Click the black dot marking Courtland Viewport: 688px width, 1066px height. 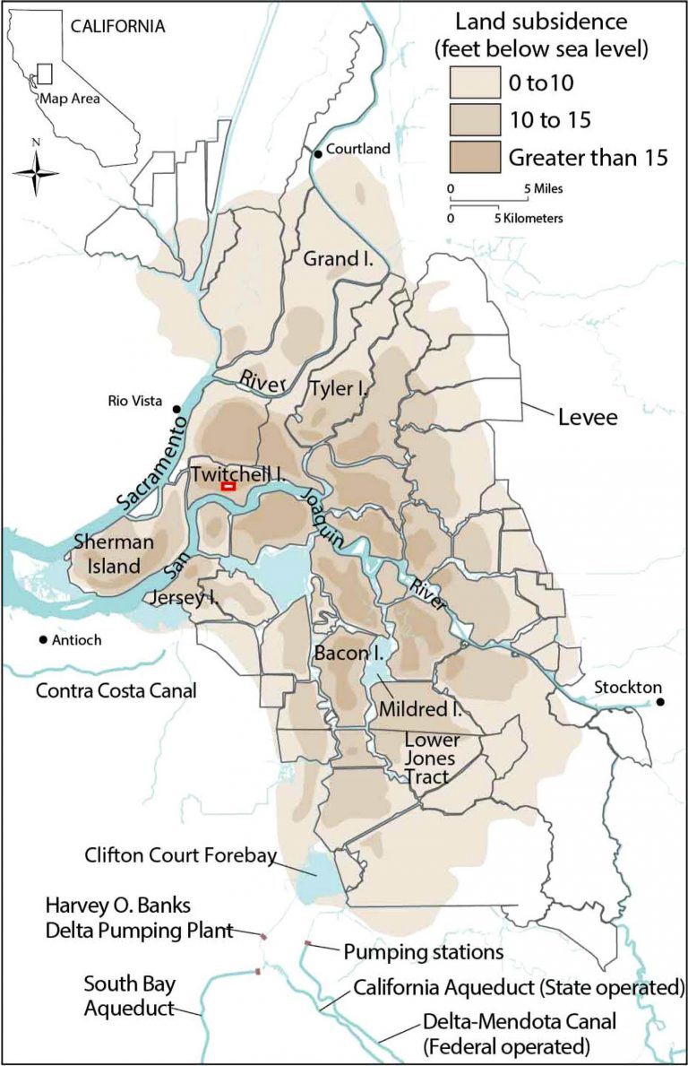317,154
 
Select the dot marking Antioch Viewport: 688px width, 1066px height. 43,640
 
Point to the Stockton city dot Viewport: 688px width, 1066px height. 660,702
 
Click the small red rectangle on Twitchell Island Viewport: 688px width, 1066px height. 228,486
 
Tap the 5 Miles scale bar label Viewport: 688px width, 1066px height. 543,188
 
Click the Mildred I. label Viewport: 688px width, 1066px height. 420,708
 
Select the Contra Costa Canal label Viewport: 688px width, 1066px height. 116,691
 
